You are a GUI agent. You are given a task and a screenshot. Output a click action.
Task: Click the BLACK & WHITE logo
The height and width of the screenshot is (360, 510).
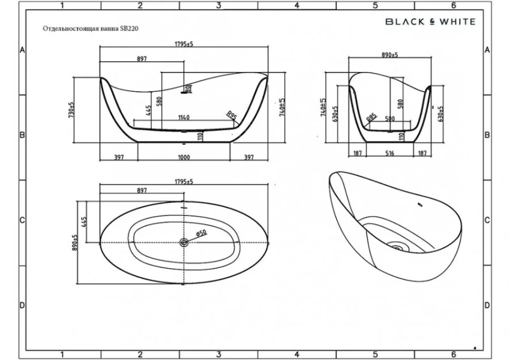coord(430,22)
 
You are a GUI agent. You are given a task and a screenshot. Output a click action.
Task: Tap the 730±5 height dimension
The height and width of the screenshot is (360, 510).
coord(71,109)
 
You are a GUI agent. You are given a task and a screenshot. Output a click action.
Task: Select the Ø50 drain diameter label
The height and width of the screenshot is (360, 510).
coord(200,233)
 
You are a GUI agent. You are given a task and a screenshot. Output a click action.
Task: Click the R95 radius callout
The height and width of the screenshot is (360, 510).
coord(230,115)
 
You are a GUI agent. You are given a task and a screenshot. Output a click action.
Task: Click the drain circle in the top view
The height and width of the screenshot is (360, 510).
coord(184,242)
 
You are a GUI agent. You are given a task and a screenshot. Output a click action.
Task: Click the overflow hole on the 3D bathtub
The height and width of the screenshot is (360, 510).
coord(420,208)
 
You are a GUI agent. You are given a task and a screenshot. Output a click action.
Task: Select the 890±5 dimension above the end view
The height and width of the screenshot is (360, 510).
coord(390,55)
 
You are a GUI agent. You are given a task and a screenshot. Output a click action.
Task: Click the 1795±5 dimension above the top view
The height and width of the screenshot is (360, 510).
coord(183,181)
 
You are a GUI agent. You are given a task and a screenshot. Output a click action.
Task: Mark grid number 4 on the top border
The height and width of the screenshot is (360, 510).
coord(297,5)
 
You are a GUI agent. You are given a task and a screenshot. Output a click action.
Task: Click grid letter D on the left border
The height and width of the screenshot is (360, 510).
coord(22,305)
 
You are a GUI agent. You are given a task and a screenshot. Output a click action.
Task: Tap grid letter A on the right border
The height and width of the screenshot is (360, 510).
coord(487,50)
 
